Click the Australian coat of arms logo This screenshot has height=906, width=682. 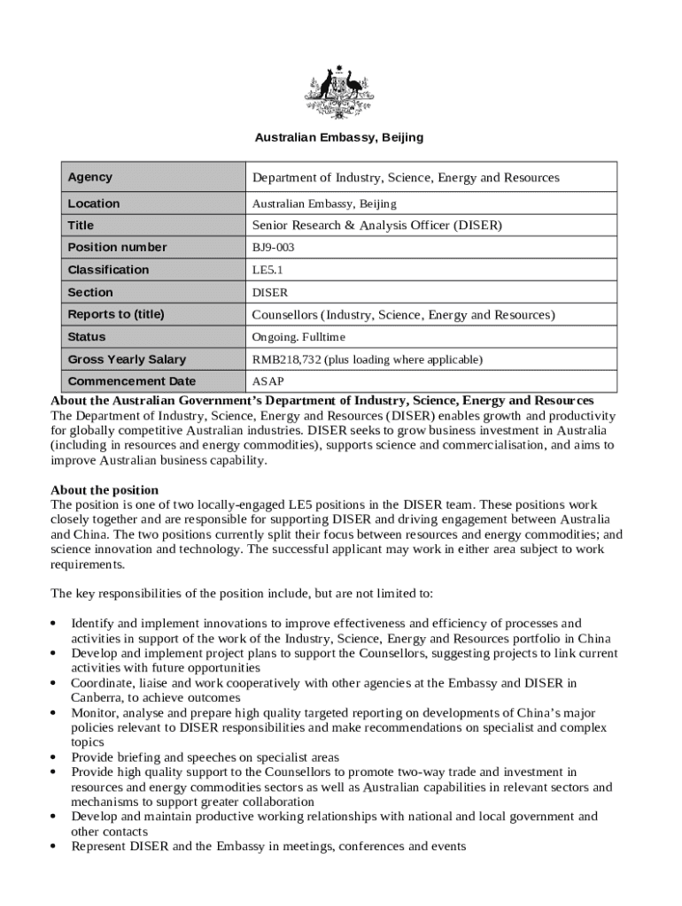click(x=340, y=92)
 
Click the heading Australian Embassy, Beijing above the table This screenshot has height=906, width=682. click(x=339, y=138)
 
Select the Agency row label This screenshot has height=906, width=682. click(x=90, y=177)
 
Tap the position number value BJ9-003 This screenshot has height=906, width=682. click(x=274, y=248)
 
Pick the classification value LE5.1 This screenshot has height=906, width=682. click(x=267, y=270)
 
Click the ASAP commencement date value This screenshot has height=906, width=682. click(x=268, y=381)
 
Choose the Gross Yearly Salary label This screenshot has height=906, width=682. click(x=127, y=359)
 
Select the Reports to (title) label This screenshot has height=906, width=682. click(x=116, y=314)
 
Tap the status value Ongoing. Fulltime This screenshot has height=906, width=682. click(x=298, y=337)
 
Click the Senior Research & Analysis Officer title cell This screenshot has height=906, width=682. click(x=377, y=226)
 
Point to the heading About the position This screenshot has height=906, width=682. click(x=105, y=490)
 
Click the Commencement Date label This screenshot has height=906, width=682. click(x=131, y=381)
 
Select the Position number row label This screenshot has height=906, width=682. click(x=117, y=247)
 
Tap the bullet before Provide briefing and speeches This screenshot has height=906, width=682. click(x=56, y=758)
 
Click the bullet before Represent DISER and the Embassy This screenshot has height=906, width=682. click(x=56, y=848)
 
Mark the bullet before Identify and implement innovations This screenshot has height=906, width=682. click(x=56, y=624)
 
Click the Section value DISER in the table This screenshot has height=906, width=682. click(x=270, y=292)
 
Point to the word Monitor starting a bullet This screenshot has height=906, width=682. click(x=94, y=712)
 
